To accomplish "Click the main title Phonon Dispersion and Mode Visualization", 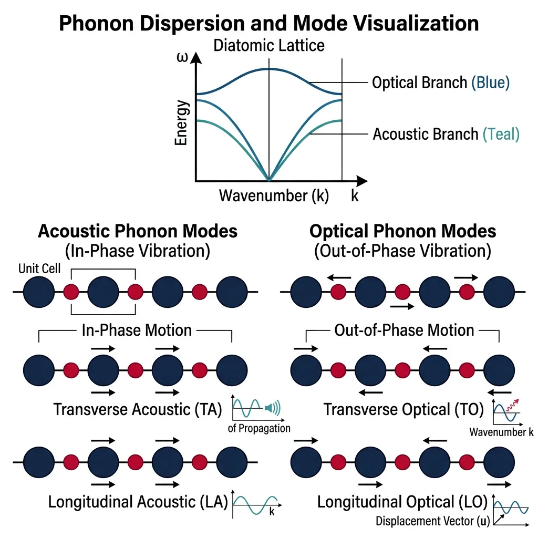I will (268, 24).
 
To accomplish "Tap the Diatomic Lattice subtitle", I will (268, 45).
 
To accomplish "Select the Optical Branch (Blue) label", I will (440, 82).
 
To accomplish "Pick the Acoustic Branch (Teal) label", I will (446, 134).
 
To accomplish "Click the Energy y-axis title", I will (182, 124).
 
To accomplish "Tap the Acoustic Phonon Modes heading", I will (138, 231).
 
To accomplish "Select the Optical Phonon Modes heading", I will (402, 231).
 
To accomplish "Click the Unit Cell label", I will (39, 268).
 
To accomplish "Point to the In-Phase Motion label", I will (137, 330).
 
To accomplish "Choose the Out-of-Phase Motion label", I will (404, 330).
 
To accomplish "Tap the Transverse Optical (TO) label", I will (403, 409).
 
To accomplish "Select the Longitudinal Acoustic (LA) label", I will (138, 501).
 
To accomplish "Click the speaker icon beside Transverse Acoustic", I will (273, 407).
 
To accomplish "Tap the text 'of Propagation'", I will (259, 428).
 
